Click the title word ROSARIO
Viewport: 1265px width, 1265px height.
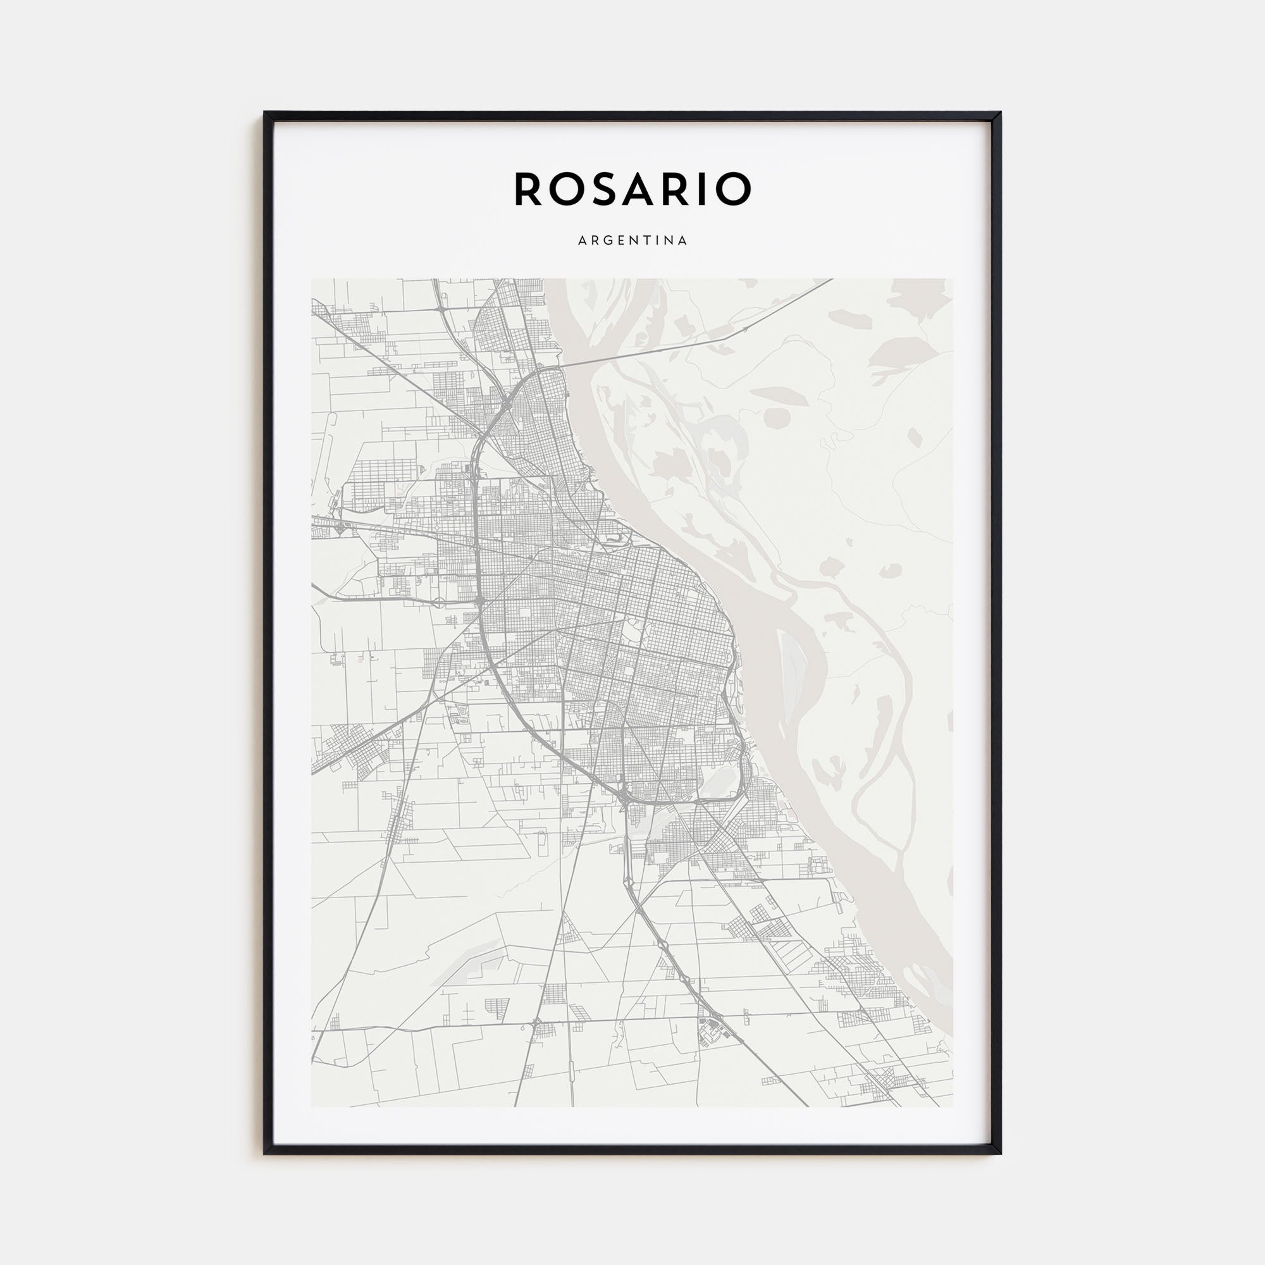point(632,188)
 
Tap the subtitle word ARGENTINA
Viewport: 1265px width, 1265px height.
point(632,240)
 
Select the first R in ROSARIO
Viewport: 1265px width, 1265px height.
point(528,188)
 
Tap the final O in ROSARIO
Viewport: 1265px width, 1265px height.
point(734,188)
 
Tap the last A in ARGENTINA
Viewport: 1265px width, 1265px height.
point(683,240)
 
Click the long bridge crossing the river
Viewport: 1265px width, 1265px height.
point(655,347)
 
